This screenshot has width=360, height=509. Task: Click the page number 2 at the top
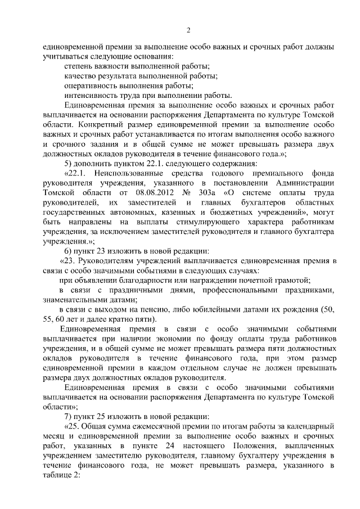point(189,30)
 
